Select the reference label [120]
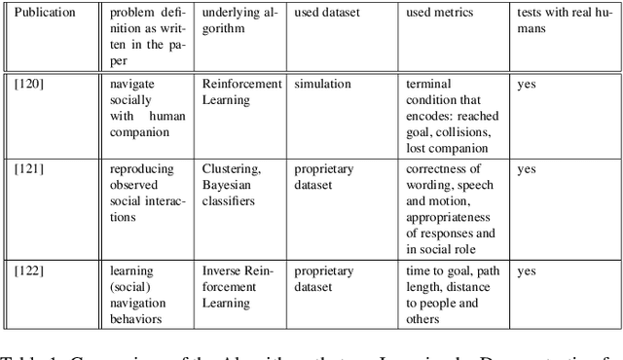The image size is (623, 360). pyautogui.click(x=29, y=85)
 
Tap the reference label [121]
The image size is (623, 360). pyautogui.click(x=29, y=169)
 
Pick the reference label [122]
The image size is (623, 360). pyautogui.click(x=29, y=271)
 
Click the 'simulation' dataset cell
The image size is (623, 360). pyautogui.click(x=324, y=85)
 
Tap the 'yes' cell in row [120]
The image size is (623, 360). pyautogui.click(x=526, y=85)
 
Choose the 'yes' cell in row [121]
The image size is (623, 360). pyautogui.click(x=526, y=169)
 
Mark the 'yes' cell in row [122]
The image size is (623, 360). pyautogui.click(x=526, y=271)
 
